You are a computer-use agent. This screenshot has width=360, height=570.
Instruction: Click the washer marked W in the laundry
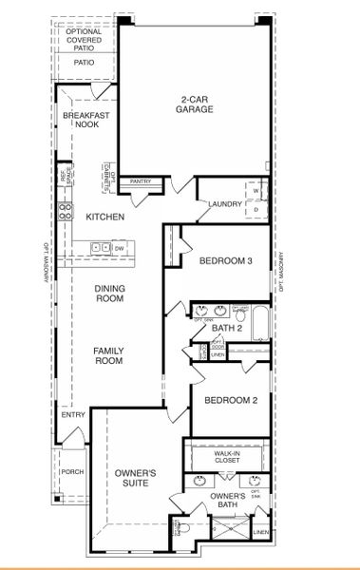click(255, 189)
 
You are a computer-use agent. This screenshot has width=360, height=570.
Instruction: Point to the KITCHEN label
click(104, 218)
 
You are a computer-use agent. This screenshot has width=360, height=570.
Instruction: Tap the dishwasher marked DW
click(119, 249)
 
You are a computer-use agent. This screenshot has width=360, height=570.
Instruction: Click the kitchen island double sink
click(99, 249)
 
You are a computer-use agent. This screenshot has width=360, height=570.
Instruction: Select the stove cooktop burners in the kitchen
click(66, 212)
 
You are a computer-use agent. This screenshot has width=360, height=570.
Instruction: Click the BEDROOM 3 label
click(224, 261)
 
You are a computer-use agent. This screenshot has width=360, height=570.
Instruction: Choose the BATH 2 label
click(228, 329)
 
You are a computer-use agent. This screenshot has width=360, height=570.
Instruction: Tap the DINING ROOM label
click(109, 294)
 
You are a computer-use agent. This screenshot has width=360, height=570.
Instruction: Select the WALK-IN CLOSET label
click(228, 460)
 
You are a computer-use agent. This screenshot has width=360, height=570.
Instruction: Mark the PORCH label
click(71, 472)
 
